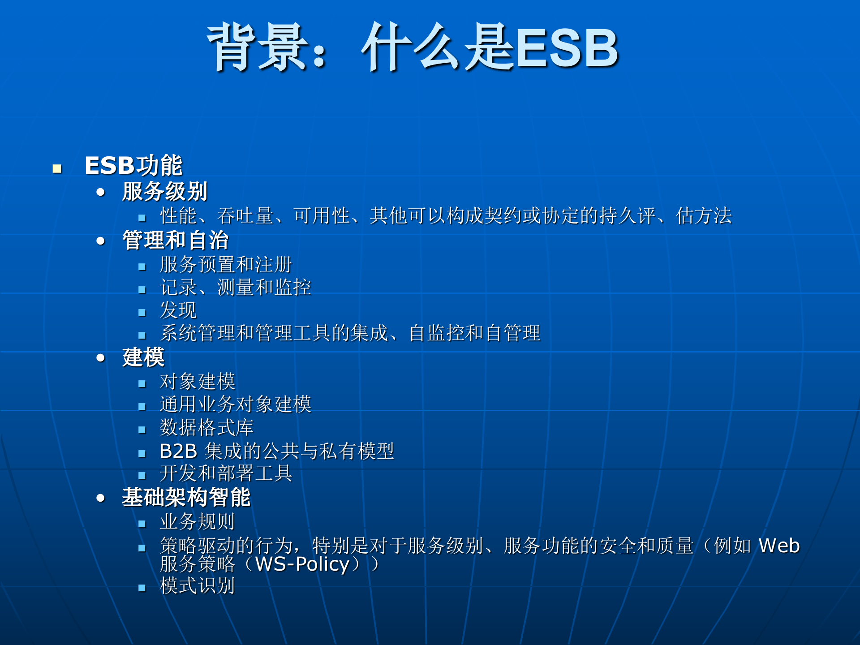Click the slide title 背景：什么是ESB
pos(412,47)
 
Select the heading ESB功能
pos(133,165)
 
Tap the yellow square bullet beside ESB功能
pos(57,169)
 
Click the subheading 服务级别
pos(164,192)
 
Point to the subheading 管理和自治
pos(175,240)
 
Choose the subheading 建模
pos(143,357)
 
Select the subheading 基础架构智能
pos(186,497)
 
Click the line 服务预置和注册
pos(226,264)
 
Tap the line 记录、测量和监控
pos(235,288)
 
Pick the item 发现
pos(178,310)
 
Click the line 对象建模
pos(197,382)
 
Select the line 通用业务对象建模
pos(235,404)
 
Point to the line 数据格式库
pos(206,428)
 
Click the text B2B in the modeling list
pos(178,451)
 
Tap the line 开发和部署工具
pos(226,473)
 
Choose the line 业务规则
pos(197,522)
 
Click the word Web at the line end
pos(779,546)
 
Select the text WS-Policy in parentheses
pos(302,564)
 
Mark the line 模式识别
pos(197,586)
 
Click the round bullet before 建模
pos(101,358)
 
